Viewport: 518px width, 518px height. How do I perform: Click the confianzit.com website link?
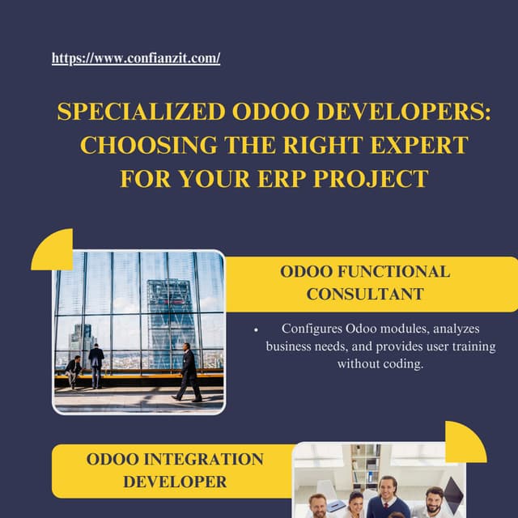tap(136, 58)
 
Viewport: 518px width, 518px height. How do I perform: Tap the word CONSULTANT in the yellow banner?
tap(365, 294)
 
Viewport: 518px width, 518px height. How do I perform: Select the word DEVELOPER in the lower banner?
tap(175, 482)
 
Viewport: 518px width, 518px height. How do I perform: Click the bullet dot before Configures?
tap(256, 329)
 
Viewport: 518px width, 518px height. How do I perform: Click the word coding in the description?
tap(401, 364)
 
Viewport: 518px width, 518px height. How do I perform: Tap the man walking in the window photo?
tap(189, 372)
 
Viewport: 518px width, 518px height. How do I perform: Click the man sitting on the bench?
tap(74, 371)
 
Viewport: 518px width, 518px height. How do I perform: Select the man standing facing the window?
tap(96, 364)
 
